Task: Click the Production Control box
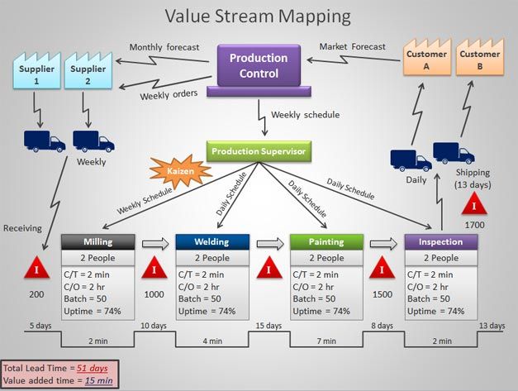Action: click(258, 65)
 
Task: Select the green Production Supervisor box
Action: click(259, 151)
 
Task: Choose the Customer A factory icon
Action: click(425, 59)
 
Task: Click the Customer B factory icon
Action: click(480, 59)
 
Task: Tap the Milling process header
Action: click(98, 241)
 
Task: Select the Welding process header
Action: click(211, 241)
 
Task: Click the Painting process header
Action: click(326, 241)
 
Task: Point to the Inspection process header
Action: click(440, 241)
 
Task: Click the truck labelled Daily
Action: click(410, 160)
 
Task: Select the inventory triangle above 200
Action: click(36, 269)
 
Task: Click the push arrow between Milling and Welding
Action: click(154, 242)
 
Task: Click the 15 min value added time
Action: click(98, 380)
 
